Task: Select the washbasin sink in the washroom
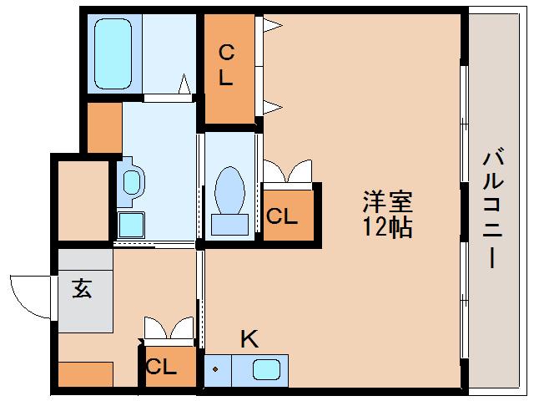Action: tap(132, 181)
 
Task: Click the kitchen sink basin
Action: tap(267, 368)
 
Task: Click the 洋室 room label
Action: tap(386, 203)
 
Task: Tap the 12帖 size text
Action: tap(386, 227)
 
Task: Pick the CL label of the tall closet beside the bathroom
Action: tap(226, 67)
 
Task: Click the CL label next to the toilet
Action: tap(282, 216)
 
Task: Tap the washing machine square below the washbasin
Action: tap(130, 224)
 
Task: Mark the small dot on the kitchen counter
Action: tap(215, 368)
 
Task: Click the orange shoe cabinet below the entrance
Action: tap(85, 373)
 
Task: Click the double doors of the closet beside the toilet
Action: tap(287, 172)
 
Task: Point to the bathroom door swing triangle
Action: tap(184, 84)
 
